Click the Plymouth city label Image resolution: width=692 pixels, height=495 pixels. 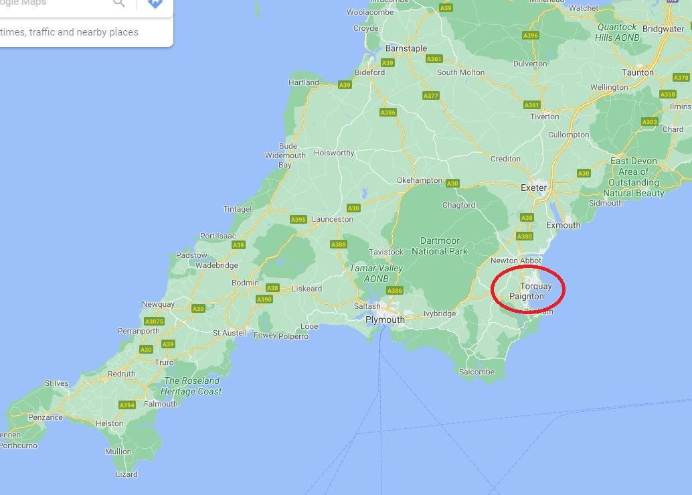click(x=385, y=320)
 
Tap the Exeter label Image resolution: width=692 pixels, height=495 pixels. click(x=533, y=188)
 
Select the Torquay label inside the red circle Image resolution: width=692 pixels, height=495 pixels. click(x=536, y=287)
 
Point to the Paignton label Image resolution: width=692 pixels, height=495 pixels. click(x=527, y=296)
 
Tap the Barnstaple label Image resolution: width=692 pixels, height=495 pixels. click(x=406, y=48)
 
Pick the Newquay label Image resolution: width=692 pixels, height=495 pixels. click(x=158, y=304)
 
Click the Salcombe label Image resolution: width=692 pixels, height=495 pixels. click(x=477, y=372)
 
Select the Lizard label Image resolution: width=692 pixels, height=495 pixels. click(x=126, y=474)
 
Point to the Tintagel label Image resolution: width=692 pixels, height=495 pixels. click(x=237, y=209)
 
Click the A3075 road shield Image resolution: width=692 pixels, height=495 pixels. click(x=154, y=322)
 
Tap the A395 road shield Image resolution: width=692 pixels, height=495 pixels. click(x=298, y=220)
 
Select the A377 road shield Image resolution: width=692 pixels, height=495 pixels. click(x=430, y=96)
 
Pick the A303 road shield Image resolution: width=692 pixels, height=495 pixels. click(x=649, y=122)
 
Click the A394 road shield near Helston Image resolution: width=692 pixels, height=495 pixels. click(x=126, y=405)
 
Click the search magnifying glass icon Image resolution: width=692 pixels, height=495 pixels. click(x=119, y=3)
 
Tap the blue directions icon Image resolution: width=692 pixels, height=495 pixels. click(x=155, y=3)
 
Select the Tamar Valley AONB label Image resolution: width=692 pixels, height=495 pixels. click(x=377, y=273)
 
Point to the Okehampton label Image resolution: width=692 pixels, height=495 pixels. click(x=419, y=180)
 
